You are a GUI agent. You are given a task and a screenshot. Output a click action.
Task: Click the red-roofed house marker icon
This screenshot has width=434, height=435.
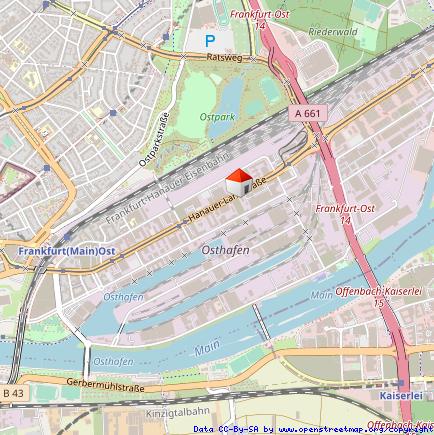pos(238,182)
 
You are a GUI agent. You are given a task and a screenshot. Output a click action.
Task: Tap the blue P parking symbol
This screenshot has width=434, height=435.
pos(210,41)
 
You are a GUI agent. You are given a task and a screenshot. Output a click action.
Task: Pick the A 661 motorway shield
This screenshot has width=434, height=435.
pos(309,114)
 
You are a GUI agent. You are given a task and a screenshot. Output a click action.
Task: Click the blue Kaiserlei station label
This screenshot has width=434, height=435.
pos(403,395)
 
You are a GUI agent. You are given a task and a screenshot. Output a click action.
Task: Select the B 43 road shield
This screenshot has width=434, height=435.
pos(13,394)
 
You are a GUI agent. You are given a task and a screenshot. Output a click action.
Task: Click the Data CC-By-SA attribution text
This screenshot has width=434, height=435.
pos(226,429)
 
